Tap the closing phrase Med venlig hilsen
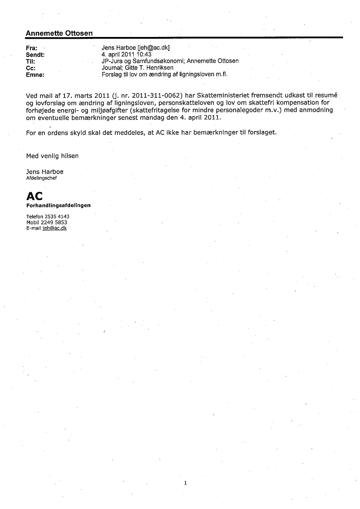[x=52, y=155]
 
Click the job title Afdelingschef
[x=41, y=178]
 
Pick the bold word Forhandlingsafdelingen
[x=58, y=205]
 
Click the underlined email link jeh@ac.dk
[x=54, y=228]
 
